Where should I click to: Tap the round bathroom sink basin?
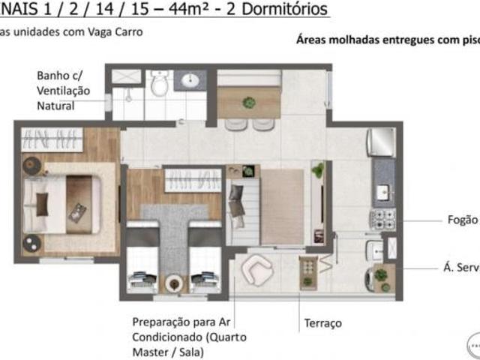pyautogui.click(x=190, y=80)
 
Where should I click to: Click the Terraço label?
pyautogui.click(x=322, y=323)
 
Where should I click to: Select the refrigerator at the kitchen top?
pyautogui.click(x=381, y=141)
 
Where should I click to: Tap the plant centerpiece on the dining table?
pyautogui.click(x=249, y=102)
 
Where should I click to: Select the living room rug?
pyautogui.click(x=282, y=206)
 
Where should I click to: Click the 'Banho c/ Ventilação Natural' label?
pyautogui.click(x=63, y=91)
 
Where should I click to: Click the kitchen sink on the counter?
pyautogui.click(x=384, y=192)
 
